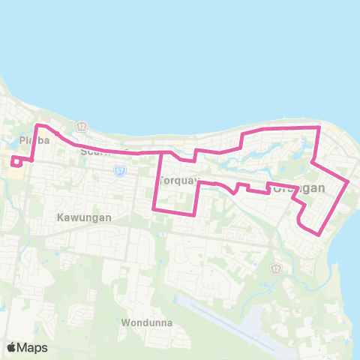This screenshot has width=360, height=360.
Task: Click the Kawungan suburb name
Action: (84, 217)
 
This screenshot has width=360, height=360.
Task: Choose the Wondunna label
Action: (146, 323)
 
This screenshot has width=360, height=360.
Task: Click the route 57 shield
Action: (120, 171)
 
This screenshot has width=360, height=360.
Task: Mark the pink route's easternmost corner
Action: (349, 181)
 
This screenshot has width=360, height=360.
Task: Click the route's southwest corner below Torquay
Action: (154, 208)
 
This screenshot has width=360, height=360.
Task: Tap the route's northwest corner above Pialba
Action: (38, 125)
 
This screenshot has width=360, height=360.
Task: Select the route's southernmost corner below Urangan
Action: (322, 235)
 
